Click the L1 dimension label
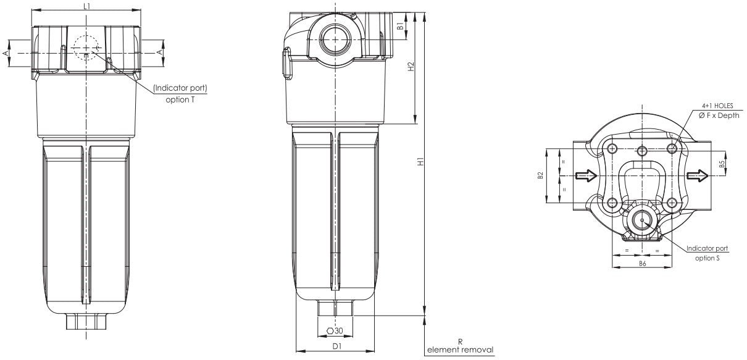click(86, 6)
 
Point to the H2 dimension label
click(411, 67)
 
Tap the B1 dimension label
click(401, 27)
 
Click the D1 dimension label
click(337, 346)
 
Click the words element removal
click(461, 350)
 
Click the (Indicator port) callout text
click(180, 88)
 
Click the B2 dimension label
click(540, 176)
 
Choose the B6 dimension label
click(642, 263)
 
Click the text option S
click(707, 258)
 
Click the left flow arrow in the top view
click(585, 176)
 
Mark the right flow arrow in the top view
click(698, 176)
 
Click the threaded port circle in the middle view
click(335, 38)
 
